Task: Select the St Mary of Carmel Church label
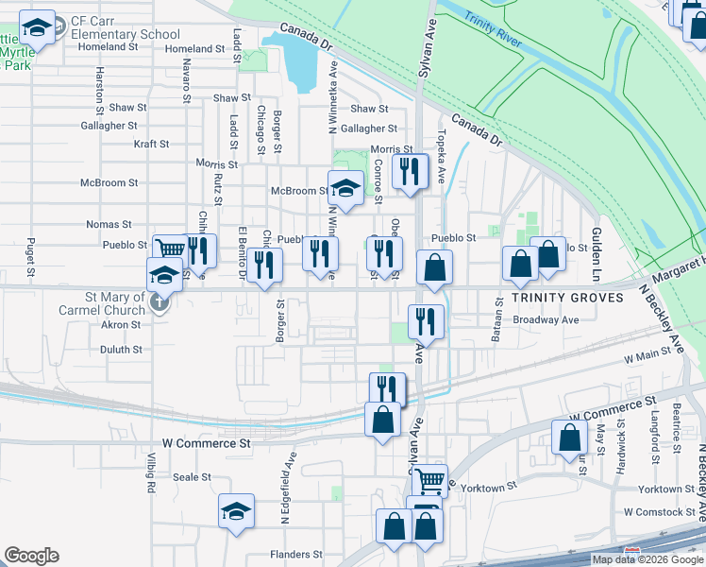115,303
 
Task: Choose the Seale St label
193,477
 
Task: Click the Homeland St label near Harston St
109,46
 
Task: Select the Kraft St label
151,145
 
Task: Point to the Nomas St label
109,224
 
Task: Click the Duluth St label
121,349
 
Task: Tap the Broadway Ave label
546,319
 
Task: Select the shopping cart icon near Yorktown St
429,480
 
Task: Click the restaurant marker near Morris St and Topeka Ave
410,173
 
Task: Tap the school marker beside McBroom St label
345,187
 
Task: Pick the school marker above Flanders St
236,511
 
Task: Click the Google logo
31,556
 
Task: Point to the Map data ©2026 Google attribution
647,559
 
